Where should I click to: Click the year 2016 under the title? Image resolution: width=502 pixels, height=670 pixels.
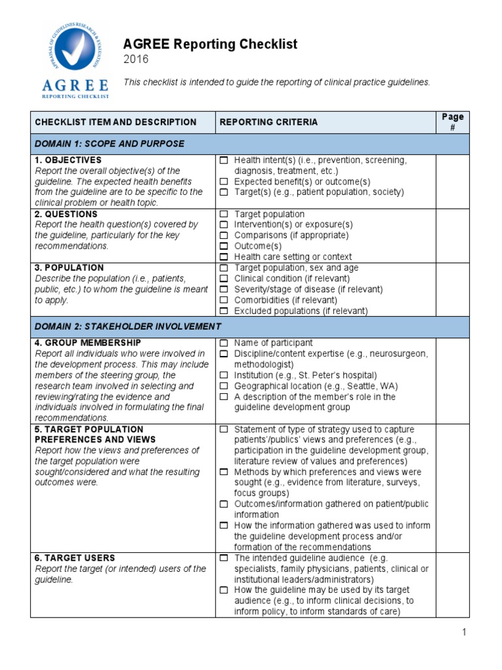[x=136, y=60]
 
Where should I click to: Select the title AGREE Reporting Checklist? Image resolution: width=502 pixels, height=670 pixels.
[x=210, y=44]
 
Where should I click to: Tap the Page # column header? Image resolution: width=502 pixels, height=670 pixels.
[x=452, y=122]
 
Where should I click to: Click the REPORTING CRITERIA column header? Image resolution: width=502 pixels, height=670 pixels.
[x=269, y=122]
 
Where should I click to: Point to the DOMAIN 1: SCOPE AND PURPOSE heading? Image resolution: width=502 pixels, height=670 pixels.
[x=109, y=143]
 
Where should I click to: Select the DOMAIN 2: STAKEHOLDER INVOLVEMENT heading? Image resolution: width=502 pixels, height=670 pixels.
[x=128, y=326]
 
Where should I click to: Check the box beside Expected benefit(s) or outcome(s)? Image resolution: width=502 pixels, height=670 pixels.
[x=224, y=182]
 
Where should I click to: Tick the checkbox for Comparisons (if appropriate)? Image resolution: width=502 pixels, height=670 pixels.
[x=224, y=236]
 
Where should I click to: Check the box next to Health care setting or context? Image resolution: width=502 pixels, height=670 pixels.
[x=224, y=257]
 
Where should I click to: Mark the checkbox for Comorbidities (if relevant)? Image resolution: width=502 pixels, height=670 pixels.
[x=224, y=300]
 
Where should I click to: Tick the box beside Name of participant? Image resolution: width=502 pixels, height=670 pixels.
[x=224, y=343]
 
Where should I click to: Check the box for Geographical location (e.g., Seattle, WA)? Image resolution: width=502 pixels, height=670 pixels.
[x=224, y=386]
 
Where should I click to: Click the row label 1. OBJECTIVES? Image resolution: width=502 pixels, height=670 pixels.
[x=68, y=160]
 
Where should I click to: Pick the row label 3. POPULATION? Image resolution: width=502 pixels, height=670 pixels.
[x=69, y=268]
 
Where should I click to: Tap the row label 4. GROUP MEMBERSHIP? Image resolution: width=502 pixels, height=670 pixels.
[x=88, y=343]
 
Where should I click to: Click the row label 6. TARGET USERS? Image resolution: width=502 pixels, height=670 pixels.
[x=75, y=558]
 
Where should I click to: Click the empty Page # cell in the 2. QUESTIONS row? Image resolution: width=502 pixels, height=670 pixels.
[x=452, y=236]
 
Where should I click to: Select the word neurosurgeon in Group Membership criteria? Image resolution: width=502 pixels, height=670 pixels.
[x=398, y=354]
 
